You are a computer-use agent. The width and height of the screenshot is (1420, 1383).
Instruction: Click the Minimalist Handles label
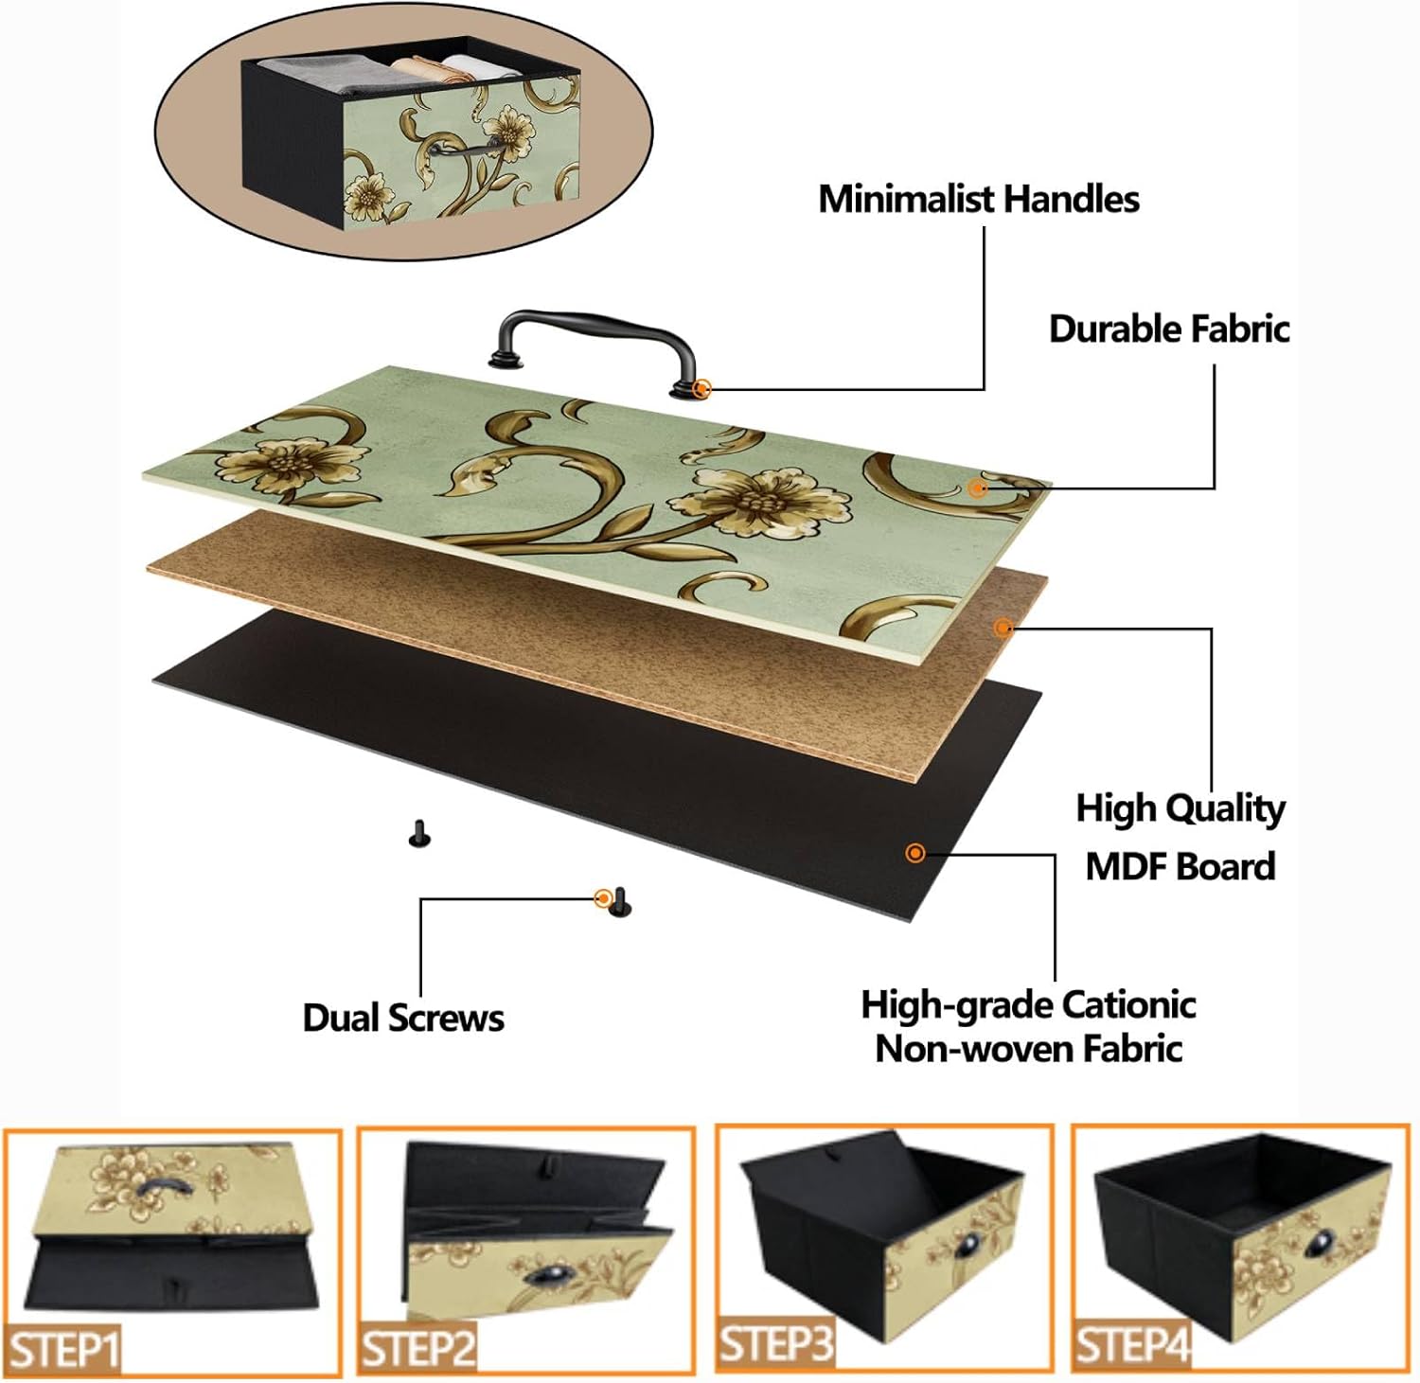[x=978, y=200]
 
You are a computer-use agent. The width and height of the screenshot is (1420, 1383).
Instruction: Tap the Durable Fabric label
[x=1168, y=329]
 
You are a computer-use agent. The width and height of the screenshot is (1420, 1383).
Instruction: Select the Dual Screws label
[x=403, y=1019]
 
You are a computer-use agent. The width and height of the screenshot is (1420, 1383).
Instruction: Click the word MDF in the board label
[x=1129, y=867]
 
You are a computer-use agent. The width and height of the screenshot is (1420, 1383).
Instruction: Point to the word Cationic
[x=1129, y=1005]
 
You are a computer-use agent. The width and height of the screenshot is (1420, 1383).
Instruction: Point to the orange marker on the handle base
[x=701, y=388]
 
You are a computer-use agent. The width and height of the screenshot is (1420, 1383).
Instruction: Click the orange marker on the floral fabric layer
[x=977, y=488]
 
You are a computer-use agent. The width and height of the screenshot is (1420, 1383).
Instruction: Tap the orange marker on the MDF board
[x=1003, y=627]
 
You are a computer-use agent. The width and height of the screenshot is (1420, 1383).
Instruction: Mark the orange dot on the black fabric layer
[x=914, y=853]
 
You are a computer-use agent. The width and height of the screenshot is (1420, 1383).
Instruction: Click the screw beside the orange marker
[x=620, y=902]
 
